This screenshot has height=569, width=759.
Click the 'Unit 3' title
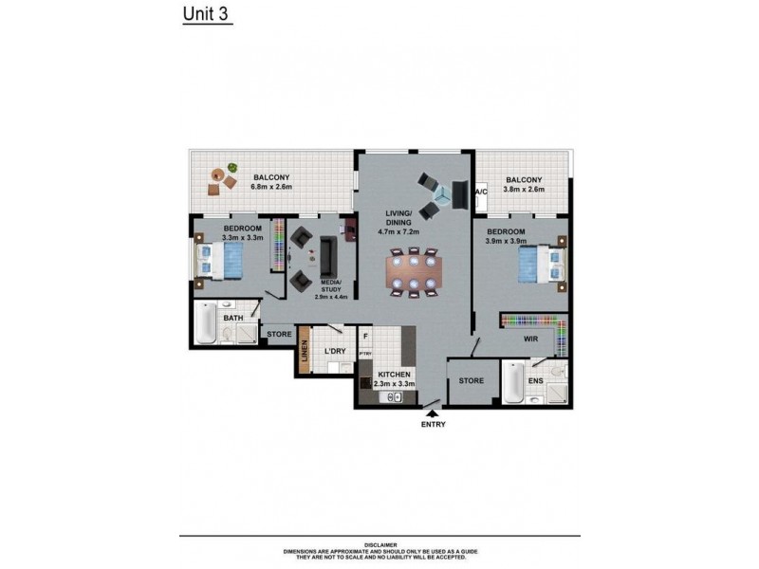click(206, 15)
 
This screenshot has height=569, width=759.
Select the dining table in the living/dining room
click(414, 272)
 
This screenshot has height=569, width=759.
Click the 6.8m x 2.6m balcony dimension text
click(270, 187)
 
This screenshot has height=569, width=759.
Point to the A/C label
click(480, 193)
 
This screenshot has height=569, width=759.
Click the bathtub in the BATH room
click(205, 325)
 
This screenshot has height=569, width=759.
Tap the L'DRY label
click(334, 352)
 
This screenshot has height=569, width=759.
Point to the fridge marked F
click(364, 336)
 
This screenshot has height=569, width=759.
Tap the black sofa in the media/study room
click(327, 254)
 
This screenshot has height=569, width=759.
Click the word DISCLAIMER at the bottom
click(379, 545)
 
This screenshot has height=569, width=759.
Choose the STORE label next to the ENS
click(472, 381)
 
